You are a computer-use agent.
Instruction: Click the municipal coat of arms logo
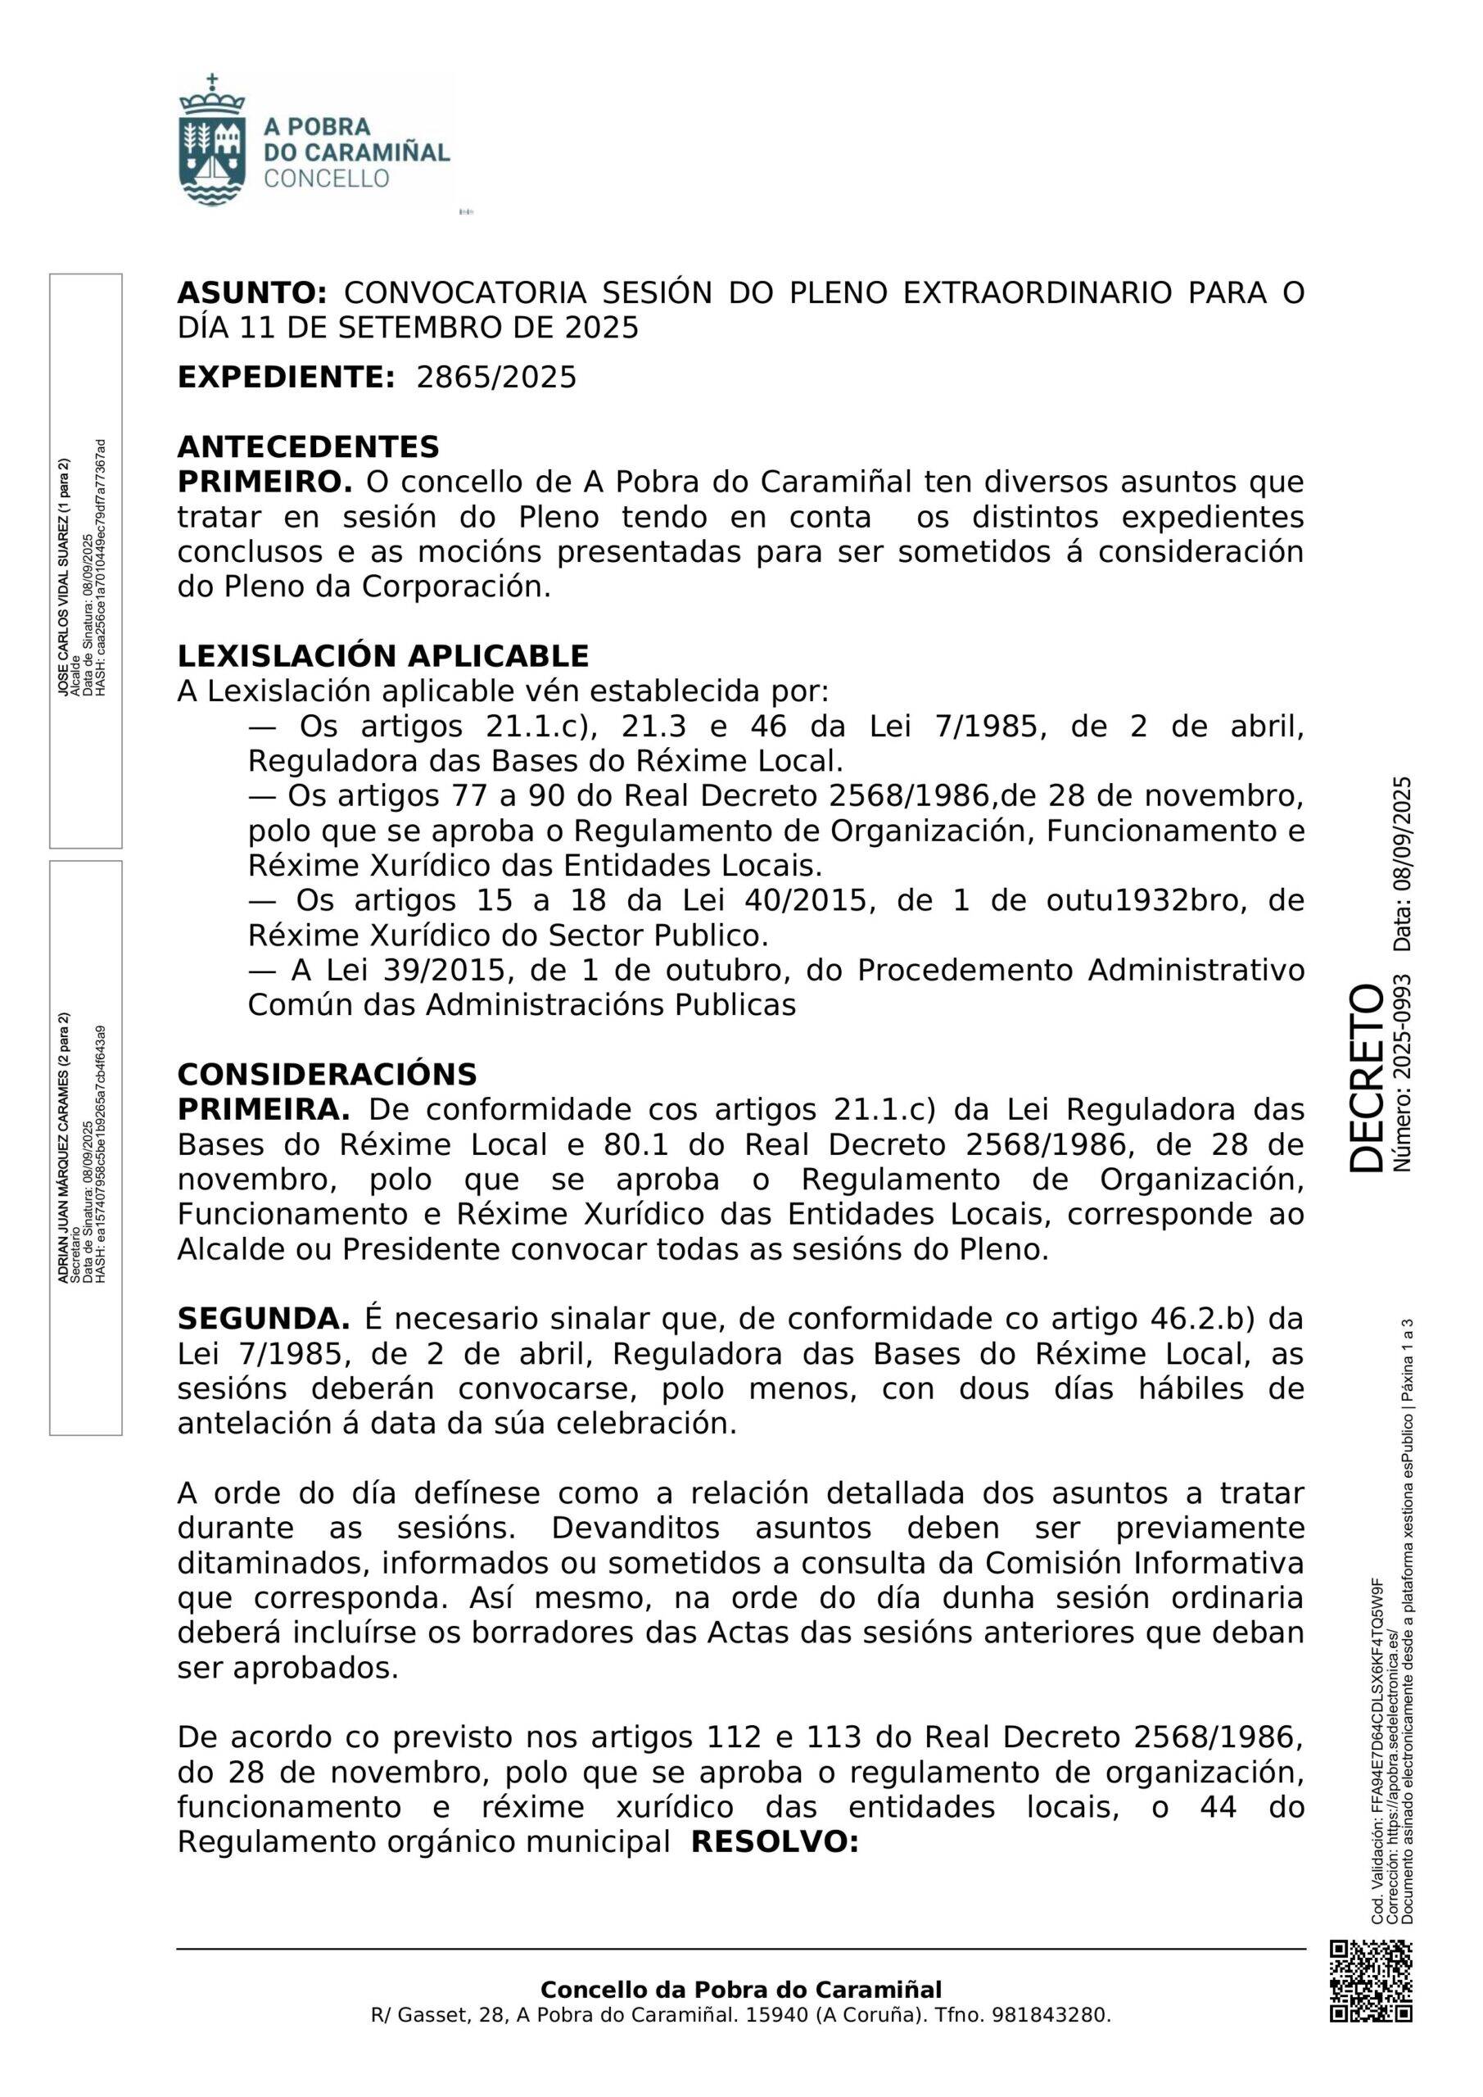click(212, 138)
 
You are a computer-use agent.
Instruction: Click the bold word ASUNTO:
click(251, 293)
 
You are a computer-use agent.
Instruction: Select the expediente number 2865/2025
click(497, 377)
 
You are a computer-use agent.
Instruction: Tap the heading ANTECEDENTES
click(308, 446)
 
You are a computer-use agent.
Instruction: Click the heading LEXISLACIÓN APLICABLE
click(382, 656)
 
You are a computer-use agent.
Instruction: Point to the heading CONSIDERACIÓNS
click(327, 1074)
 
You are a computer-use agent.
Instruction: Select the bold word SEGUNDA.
click(263, 1319)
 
